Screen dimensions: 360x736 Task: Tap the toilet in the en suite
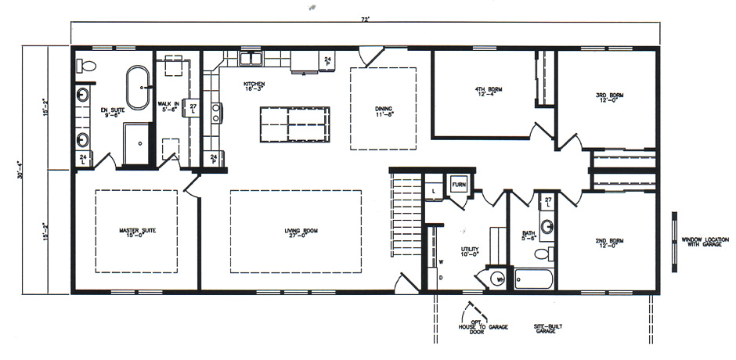click(87, 65)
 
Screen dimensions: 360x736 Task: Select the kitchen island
click(290, 125)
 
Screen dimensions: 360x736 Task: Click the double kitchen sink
click(251, 59)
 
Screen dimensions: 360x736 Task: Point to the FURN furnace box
click(459, 185)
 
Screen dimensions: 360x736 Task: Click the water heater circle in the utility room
click(498, 277)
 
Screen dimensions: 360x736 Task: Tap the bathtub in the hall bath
click(534, 279)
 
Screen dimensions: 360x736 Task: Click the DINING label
click(383, 111)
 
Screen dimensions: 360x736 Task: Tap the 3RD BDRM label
click(608, 97)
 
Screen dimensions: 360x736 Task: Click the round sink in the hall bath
click(549, 227)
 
